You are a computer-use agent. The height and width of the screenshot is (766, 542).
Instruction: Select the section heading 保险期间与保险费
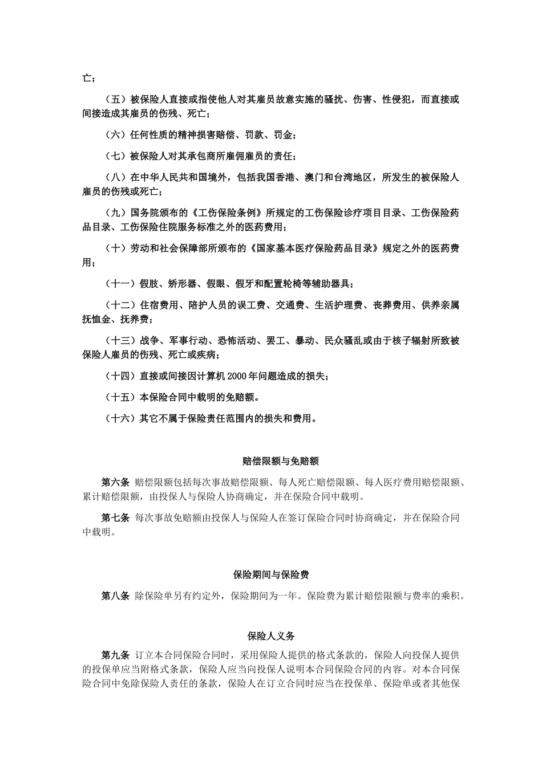(x=271, y=575)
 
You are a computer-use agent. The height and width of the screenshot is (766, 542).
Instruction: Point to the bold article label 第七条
(x=116, y=518)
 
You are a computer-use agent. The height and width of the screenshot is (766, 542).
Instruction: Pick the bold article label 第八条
(x=116, y=597)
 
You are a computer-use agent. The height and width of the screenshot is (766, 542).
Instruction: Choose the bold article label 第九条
(x=116, y=655)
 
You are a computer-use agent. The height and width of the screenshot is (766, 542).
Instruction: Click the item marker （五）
(x=116, y=100)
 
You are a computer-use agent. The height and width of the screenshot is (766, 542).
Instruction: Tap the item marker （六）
(x=116, y=135)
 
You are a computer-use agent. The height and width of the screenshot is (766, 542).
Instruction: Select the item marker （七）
(x=116, y=156)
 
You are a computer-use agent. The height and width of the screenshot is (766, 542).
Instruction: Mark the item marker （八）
(x=116, y=178)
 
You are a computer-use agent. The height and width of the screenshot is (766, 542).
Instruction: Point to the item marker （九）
(x=116, y=213)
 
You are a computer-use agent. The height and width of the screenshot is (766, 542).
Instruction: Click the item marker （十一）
(x=120, y=284)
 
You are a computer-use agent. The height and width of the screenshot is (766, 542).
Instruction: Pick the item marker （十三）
(x=120, y=341)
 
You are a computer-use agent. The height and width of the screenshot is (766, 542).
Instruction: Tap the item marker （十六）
(x=120, y=419)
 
